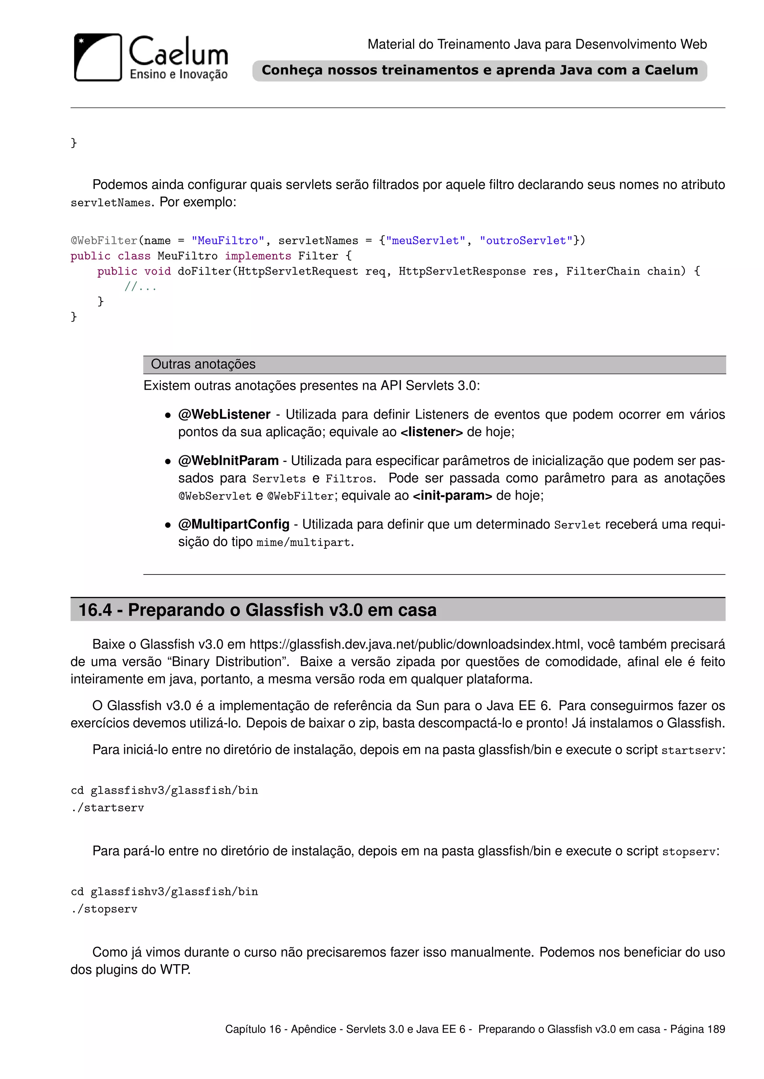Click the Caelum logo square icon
coord(98,57)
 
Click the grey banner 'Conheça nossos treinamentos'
coord(479,70)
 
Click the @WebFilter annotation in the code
coord(103,241)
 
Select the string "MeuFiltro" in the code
coord(228,241)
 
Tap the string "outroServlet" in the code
coord(526,241)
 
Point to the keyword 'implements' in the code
coord(258,256)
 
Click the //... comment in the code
coord(140,287)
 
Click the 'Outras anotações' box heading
coord(203,364)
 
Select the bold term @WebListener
coord(224,414)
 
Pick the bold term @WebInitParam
coord(228,461)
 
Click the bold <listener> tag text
coord(431,432)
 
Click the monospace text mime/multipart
coord(303,542)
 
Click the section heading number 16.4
coord(95,610)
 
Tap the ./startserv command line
coord(108,808)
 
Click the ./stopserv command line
coord(104,909)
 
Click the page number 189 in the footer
coord(716,1029)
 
